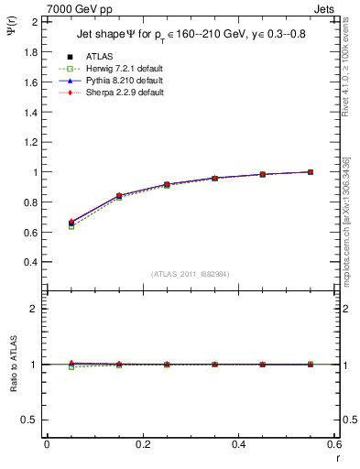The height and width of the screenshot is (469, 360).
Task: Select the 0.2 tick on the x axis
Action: point(142,444)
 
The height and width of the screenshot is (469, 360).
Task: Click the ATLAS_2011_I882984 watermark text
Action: point(190,273)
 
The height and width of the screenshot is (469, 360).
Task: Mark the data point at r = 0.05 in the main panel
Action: point(71,223)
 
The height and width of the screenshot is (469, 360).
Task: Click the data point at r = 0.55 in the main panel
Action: point(311,172)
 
